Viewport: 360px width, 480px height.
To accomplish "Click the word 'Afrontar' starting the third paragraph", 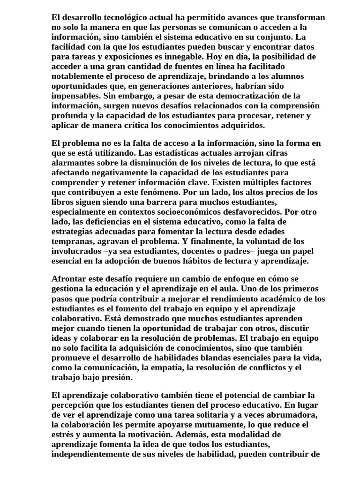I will (x=69, y=279).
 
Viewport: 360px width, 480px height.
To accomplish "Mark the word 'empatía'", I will (x=167, y=367).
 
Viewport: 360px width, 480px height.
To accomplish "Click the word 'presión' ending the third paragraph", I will (x=119, y=377).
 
